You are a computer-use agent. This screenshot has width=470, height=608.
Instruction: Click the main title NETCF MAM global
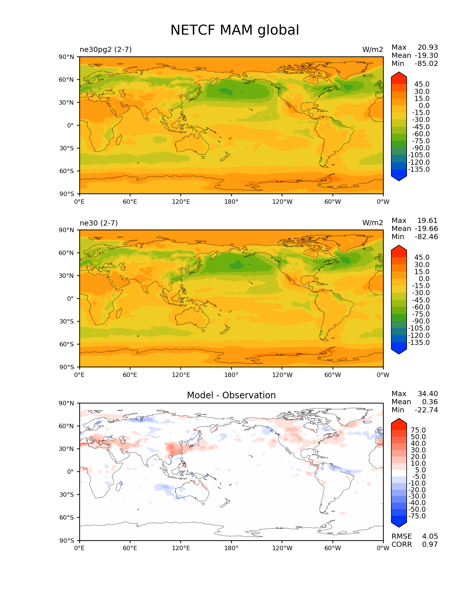pos(234,30)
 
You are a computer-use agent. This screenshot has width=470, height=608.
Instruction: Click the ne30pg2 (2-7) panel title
pos(105,49)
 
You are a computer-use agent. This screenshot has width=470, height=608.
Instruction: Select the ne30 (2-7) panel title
pos(98,223)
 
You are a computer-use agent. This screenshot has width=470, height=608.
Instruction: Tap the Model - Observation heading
pos(231,395)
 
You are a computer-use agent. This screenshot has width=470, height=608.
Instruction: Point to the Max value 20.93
pos(428,47)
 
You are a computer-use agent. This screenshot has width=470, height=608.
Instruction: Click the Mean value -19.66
pos(426,228)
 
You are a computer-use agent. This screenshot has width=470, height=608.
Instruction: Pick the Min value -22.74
pos(426,410)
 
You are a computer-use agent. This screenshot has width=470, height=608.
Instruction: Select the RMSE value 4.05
pos(430,536)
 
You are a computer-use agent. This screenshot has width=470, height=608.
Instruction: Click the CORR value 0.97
pos(430,544)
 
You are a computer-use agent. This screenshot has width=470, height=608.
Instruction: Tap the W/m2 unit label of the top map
pos(372,49)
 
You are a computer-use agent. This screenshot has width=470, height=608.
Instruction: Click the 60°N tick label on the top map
pos(66,80)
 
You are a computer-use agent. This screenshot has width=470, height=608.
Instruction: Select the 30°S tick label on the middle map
pos(66,321)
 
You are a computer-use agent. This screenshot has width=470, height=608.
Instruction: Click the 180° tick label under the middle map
pos(231,375)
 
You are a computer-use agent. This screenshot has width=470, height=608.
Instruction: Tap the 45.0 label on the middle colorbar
pos(422,257)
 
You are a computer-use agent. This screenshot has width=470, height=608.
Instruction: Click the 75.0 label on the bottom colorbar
pos(418,430)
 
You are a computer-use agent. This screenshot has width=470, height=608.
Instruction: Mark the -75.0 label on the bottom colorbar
pos(417,516)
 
